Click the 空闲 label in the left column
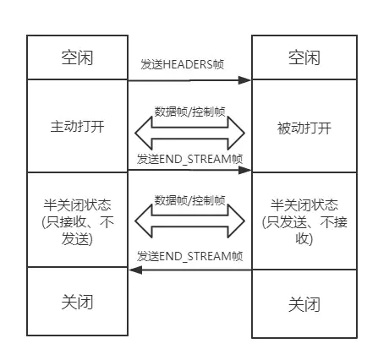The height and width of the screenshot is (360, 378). [77, 58]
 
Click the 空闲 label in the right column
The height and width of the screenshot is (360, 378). [304, 58]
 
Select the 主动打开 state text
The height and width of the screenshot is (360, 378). [77, 126]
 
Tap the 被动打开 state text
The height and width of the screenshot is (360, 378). [304, 128]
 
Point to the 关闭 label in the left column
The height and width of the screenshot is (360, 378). [77, 302]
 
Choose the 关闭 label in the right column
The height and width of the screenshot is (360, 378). [304, 304]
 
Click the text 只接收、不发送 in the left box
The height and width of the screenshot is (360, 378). [78, 231]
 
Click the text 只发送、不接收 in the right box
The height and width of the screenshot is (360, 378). [304, 231]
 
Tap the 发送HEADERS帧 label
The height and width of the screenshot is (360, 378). [183, 64]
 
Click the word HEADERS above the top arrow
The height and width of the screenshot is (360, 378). [188, 64]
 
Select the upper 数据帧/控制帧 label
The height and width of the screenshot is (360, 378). [189, 112]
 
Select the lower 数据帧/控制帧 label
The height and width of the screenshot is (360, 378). [189, 200]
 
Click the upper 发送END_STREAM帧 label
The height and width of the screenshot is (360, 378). [189, 159]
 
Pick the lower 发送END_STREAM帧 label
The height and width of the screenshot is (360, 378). [189, 256]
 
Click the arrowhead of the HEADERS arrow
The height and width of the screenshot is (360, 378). [244, 80]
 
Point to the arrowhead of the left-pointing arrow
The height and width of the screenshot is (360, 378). [135, 270]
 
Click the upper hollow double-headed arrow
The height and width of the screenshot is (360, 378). [189, 133]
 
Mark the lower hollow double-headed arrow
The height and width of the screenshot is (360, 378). [189, 221]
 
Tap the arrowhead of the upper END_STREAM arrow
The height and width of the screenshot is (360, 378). [244, 170]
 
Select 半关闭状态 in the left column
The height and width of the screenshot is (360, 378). [77, 205]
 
